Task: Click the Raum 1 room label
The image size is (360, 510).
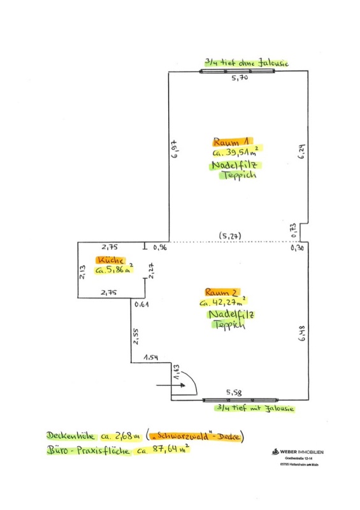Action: coord(232,142)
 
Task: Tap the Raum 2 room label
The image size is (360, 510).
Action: coord(222,292)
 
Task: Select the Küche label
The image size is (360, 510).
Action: coord(111,260)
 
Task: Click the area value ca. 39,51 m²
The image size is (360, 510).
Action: coord(236,152)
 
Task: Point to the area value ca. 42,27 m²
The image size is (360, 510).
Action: coord(223,302)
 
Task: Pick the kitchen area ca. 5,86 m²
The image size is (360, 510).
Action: coord(114,269)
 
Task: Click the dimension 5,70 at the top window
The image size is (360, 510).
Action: coord(240,77)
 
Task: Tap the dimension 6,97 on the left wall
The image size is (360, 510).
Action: coord(175,149)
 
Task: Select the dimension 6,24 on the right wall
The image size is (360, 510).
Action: coord(301,151)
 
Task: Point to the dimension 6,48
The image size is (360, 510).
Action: coord(302,333)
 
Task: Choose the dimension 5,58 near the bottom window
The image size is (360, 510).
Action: coord(234,393)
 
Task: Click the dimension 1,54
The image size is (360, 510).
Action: coord(151,358)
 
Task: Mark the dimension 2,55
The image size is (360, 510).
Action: coord(136,336)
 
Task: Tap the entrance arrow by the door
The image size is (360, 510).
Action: coord(171,385)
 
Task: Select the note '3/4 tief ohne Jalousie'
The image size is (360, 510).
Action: coord(247,62)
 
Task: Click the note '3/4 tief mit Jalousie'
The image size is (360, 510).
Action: coord(255,408)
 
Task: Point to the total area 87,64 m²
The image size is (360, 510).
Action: coord(171,449)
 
